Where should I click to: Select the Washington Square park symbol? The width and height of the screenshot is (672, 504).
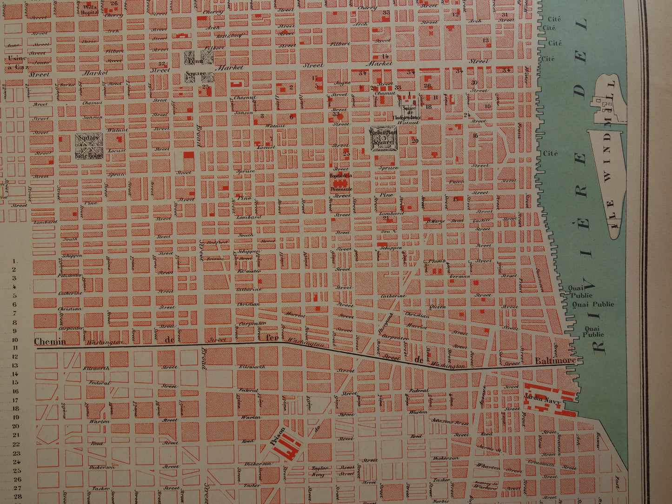[384, 138]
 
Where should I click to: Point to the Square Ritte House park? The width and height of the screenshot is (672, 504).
[89, 146]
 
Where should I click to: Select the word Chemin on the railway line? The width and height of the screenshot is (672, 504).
[50, 342]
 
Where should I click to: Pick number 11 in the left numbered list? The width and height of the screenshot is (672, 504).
[15, 347]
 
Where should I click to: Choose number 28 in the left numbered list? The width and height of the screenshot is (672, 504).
[17, 497]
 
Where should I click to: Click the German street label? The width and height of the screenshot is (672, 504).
[460, 277]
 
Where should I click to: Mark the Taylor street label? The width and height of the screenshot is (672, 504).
[320, 468]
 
